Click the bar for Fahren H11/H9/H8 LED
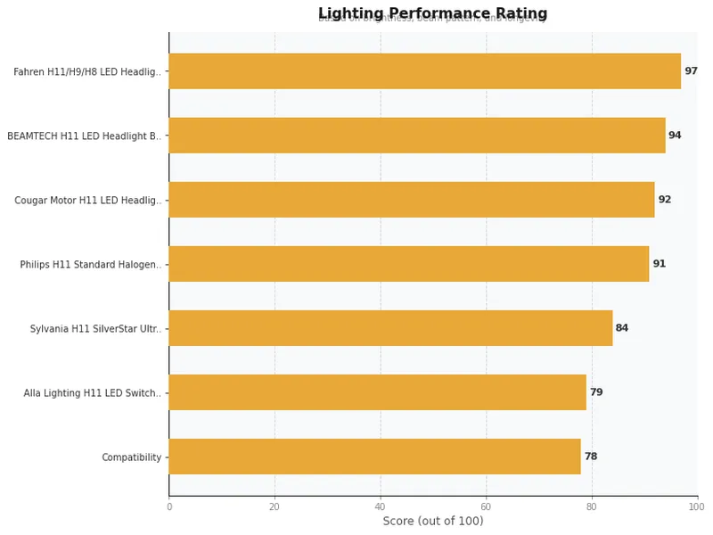coord(424,71)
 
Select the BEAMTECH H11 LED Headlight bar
coord(416,136)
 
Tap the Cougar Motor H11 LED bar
coord(411,200)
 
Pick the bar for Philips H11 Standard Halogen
coord(408,264)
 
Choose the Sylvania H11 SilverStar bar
coord(390,328)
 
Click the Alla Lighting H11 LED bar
coord(377,392)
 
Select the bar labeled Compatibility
coord(374,457)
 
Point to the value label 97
coord(691,71)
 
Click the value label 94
coord(675,136)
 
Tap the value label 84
coord(622,328)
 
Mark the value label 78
coord(590,457)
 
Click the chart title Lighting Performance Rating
coord(432,13)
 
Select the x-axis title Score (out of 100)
coord(432,521)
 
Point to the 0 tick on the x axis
coord(169,506)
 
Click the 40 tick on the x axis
coord(381,506)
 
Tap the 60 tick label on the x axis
coord(486,506)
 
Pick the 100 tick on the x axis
coord(697,506)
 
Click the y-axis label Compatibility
coord(132,457)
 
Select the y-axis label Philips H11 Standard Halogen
coord(91,265)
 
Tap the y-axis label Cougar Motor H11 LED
coord(88,201)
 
